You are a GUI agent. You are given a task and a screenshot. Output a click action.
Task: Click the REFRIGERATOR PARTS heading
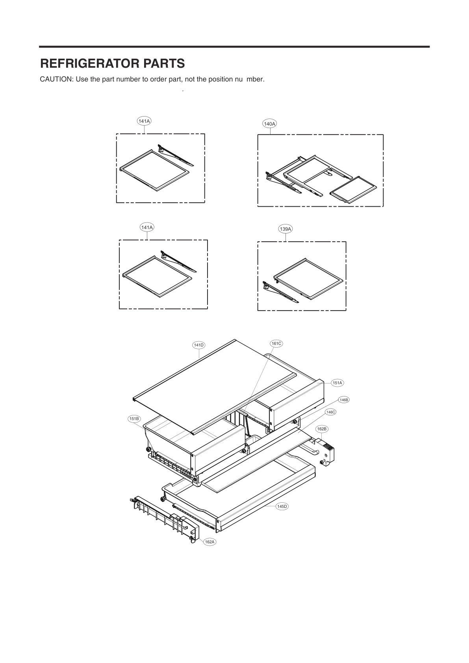(x=113, y=63)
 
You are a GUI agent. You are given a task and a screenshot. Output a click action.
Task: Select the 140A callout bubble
(x=269, y=124)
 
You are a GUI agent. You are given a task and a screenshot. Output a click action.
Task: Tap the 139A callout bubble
(x=285, y=229)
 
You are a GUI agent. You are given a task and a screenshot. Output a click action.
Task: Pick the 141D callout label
(x=198, y=345)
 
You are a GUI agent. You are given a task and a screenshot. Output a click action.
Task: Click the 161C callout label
(x=276, y=343)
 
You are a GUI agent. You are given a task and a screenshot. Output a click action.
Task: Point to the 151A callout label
(x=337, y=383)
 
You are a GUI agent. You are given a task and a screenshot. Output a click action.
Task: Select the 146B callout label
(x=344, y=400)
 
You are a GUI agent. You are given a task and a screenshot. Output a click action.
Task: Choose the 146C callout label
(x=330, y=412)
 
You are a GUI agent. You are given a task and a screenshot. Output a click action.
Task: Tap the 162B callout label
(x=322, y=428)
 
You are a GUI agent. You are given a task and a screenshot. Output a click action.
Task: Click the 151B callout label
(x=134, y=419)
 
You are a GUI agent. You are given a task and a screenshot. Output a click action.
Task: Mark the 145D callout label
(x=282, y=507)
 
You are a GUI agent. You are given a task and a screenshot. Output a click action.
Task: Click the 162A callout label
(x=209, y=542)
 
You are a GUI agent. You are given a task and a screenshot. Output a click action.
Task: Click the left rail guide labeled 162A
(x=161, y=516)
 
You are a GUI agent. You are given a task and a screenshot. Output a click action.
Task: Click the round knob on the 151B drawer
(x=149, y=450)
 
